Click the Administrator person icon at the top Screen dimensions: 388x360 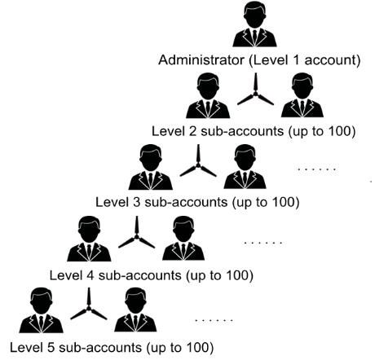coord(254,24)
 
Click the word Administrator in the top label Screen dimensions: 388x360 coord(201,60)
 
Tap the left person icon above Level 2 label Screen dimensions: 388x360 coord(208,95)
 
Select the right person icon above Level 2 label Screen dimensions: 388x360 coord(302,95)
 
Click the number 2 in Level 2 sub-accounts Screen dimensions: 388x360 coord(192,131)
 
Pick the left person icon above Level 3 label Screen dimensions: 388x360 coord(151,167)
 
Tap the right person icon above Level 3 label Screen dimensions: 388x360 coord(245,167)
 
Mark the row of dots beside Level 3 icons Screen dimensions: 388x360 coord(317,169)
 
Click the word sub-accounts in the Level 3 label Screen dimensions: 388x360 coord(186,203)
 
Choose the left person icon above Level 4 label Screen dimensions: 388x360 coord(89,239)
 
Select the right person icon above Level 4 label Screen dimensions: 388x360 coord(183,239)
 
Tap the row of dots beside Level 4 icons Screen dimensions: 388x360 coord(263,242)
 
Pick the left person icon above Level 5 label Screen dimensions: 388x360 coord(41,310)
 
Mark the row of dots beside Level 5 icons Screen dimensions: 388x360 coord(214,321)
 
